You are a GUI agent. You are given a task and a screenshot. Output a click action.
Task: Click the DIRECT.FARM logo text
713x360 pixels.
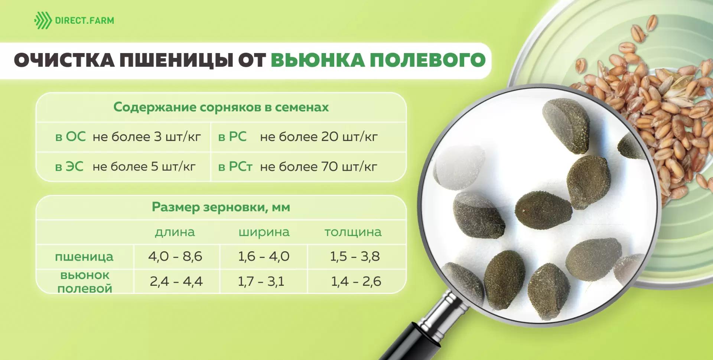click(x=84, y=20)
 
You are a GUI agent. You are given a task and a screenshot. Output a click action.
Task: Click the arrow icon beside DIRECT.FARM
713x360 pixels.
click(x=43, y=20)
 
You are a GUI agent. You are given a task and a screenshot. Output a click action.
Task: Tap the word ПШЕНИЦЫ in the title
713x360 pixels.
click(x=176, y=60)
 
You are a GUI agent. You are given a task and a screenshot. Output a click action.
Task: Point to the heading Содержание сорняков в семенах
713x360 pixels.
click(x=221, y=107)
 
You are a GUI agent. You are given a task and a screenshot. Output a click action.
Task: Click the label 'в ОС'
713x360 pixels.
click(x=70, y=137)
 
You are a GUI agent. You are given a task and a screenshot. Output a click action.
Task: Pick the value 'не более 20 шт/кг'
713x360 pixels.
click(x=319, y=137)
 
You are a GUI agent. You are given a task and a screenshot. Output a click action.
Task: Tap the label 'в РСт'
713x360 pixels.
click(x=235, y=167)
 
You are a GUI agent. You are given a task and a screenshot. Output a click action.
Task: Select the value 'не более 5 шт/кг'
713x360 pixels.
click(x=144, y=167)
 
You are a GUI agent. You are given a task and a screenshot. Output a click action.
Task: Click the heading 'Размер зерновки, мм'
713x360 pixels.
click(x=221, y=207)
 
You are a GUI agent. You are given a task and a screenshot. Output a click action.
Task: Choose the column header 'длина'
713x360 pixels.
click(x=175, y=232)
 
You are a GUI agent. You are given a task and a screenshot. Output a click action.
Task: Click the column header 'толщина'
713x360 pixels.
click(x=353, y=232)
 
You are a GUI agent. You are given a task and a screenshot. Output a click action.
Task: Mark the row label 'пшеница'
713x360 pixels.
click(x=84, y=256)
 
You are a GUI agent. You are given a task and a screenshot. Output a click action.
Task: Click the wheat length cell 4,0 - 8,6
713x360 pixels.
click(x=175, y=256)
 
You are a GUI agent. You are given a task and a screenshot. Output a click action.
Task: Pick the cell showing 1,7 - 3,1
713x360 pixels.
click(x=261, y=281)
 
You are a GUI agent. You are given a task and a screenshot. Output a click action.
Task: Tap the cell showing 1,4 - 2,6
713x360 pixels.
click(x=356, y=281)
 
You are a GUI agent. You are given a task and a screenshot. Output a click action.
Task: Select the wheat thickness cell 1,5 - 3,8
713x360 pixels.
click(x=355, y=256)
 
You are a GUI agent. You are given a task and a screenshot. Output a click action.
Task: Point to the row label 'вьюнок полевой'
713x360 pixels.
click(x=85, y=282)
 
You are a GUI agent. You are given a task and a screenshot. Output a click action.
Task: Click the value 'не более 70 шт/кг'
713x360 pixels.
click(x=318, y=167)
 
